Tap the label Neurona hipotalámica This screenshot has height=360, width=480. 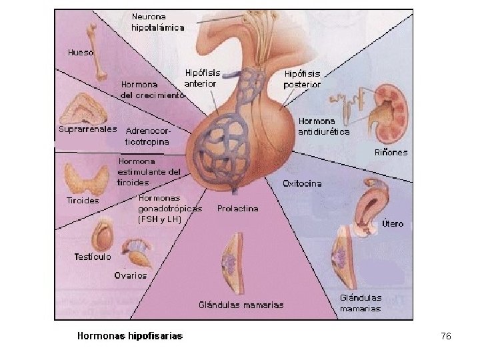pos(157,22)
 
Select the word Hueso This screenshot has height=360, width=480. pos(81,51)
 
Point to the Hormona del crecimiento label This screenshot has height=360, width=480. pos(152,90)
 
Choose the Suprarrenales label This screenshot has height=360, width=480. pos(87,129)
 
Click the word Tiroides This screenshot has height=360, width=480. pos(83,200)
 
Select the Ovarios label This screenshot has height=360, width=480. pos(130,275)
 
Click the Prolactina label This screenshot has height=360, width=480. pos(237,209)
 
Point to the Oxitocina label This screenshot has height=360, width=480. pos(302,183)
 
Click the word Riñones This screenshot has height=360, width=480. pos(390,152)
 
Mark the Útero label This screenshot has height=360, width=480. pos(392,223)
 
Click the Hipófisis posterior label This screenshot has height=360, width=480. pos(302,79)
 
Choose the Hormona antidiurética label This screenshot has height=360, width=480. pos(324,127)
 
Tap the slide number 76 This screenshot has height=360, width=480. pos(446,337)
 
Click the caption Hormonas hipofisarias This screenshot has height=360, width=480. pos(130,336)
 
